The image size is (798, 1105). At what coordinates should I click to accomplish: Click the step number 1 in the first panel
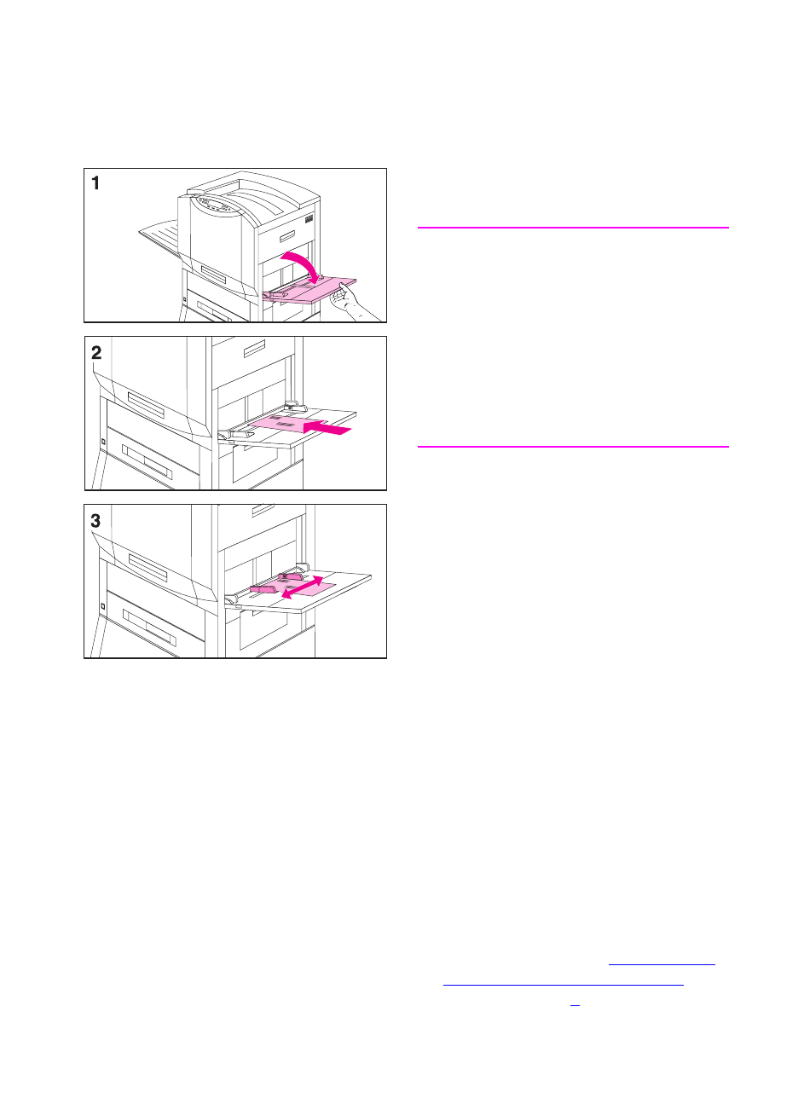coord(96,182)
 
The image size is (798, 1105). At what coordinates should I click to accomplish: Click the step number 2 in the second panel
coord(96,352)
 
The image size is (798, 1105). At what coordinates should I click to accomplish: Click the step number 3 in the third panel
coord(96,520)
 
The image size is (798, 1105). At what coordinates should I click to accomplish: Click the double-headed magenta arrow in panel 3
coord(304,588)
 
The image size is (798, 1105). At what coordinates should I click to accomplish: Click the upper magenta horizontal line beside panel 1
coord(573,228)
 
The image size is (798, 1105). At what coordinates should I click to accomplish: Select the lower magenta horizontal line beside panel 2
coord(573,446)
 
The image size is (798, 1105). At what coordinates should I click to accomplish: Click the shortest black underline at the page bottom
coord(575,1007)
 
